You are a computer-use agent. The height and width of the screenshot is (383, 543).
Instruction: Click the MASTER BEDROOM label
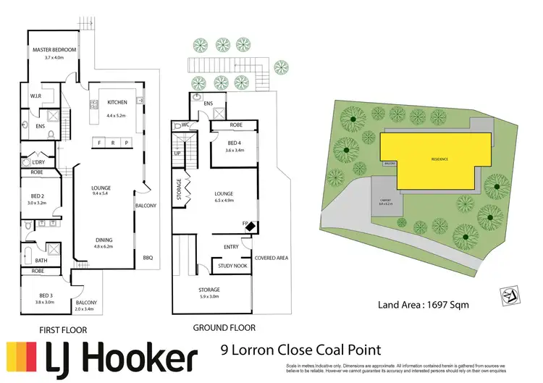pyautogui.click(x=54, y=50)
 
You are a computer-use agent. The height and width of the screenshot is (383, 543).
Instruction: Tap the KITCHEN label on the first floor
pyautogui.click(x=117, y=102)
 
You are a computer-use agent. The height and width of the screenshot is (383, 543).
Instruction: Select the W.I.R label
pyautogui.click(x=35, y=96)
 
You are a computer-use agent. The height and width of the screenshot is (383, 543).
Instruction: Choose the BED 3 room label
pyautogui.click(x=40, y=295)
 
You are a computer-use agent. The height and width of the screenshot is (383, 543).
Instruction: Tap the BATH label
pyautogui.click(x=41, y=261)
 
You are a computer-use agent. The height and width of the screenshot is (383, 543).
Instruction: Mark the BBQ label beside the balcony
pyautogui.click(x=148, y=257)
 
